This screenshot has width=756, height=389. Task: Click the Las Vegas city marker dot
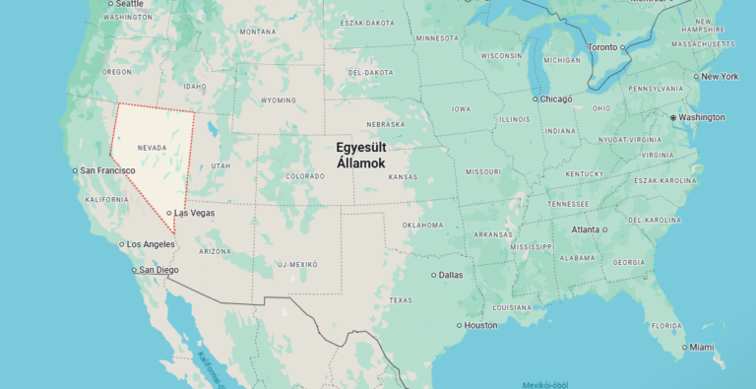tap(169, 213)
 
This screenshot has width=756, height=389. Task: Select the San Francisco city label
tap(108, 170)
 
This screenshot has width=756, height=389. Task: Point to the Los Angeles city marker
tap(120, 244)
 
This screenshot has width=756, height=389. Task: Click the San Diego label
tap(158, 270)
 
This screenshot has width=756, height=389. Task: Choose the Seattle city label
tap(128, 4)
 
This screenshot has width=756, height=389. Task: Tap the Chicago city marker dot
tap(535, 98)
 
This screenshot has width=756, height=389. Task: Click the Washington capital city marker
tap(673, 117)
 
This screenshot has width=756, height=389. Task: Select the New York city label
tap(719, 76)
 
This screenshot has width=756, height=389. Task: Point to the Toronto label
tap(602, 47)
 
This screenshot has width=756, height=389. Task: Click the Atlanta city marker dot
tap(604, 229)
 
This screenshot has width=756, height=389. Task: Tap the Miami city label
tap(702, 347)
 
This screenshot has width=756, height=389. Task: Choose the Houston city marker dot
tap(460, 325)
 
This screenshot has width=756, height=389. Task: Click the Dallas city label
tap(451, 275)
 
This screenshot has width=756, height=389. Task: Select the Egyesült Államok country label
tap(361, 155)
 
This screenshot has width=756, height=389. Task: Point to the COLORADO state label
tap(304, 176)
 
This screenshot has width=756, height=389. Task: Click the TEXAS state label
tap(401, 299)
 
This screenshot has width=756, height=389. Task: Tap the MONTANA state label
tap(258, 32)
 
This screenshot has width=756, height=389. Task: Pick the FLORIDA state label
tap(666, 325)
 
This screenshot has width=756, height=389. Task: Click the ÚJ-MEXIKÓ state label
tap(297, 264)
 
